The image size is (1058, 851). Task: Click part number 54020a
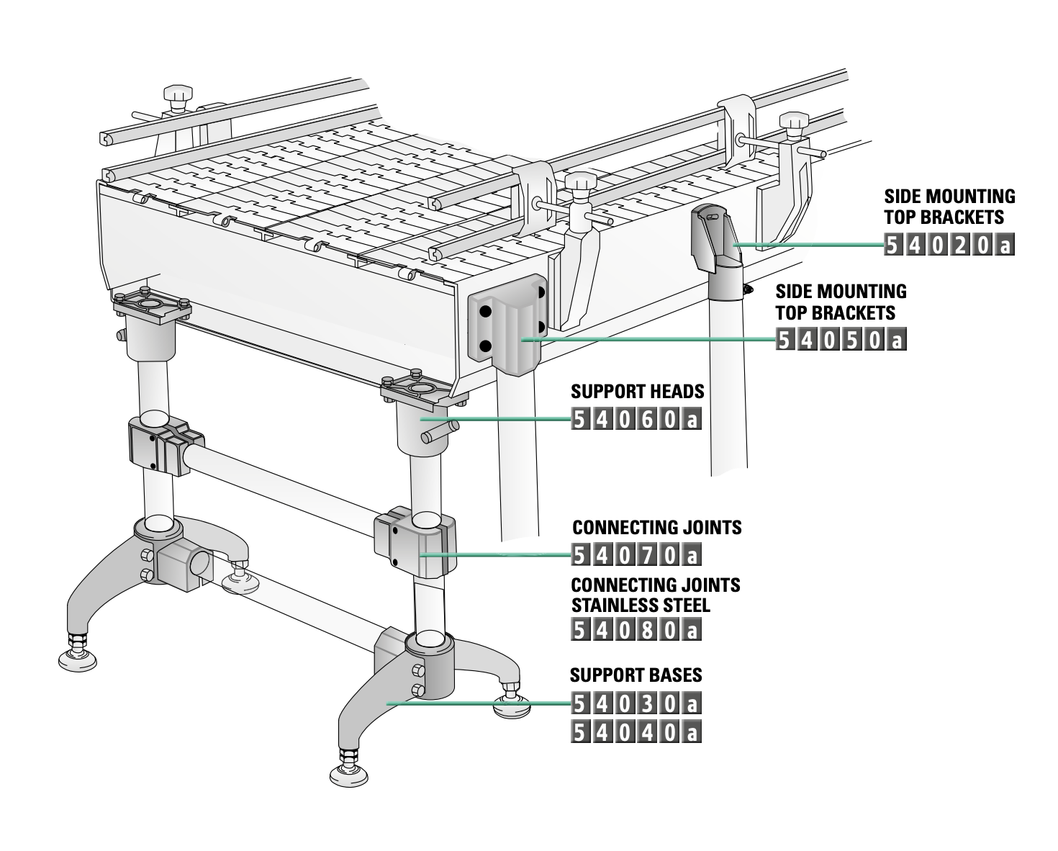(x=949, y=246)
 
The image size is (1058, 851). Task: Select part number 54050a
(x=840, y=339)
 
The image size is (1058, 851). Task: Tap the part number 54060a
(x=636, y=419)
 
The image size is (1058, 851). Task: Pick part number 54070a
(x=636, y=555)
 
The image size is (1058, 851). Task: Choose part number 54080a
(x=636, y=630)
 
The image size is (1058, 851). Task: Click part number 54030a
(x=636, y=703)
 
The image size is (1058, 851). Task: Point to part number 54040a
(x=636, y=732)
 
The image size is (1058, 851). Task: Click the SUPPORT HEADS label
(x=637, y=392)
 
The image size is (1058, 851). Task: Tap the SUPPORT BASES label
(x=636, y=675)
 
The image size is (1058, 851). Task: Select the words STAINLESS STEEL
(x=640, y=605)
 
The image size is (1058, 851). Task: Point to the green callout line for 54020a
(x=806, y=246)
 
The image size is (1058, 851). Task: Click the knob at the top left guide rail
(x=178, y=95)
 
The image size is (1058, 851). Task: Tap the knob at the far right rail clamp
(x=794, y=122)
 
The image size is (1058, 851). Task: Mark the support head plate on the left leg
(x=152, y=305)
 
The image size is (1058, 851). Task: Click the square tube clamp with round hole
(x=185, y=564)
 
